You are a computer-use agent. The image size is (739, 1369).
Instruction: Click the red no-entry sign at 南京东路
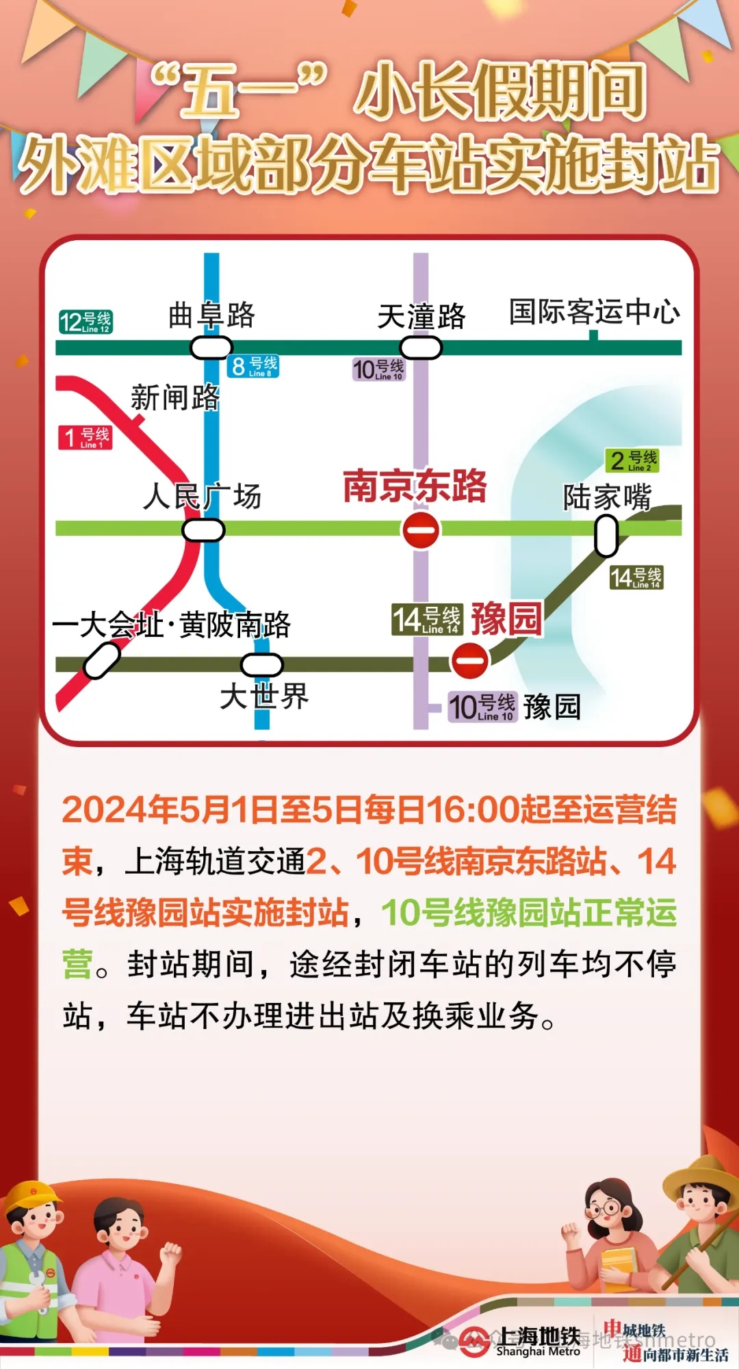[421, 531]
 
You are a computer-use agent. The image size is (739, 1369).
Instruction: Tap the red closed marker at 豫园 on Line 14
[470, 661]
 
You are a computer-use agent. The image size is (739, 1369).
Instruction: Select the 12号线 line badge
[86, 322]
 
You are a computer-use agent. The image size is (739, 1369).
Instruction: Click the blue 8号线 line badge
[253, 367]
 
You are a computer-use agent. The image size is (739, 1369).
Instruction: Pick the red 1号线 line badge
[86, 437]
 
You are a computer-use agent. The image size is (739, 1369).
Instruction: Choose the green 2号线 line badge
[632, 460]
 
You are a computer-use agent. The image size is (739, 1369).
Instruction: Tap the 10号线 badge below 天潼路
[378, 369]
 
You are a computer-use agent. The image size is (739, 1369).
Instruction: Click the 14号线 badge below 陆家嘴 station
[636, 577]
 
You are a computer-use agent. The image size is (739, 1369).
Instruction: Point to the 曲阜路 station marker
[211, 348]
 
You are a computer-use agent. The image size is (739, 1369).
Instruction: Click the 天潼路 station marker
[421, 348]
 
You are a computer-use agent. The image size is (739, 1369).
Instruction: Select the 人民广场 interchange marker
[203, 530]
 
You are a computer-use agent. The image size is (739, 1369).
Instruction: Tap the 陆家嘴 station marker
[606, 535]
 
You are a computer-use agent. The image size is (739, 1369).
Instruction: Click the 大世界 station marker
[262, 664]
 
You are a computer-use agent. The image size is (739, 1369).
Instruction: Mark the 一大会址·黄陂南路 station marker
[102, 661]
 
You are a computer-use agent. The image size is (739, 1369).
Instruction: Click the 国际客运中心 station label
[594, 312]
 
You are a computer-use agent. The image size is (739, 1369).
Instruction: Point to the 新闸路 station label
[175, 397]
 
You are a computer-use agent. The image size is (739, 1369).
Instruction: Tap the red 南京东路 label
[415, 486]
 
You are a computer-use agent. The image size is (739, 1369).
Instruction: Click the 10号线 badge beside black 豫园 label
[482, 707]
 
